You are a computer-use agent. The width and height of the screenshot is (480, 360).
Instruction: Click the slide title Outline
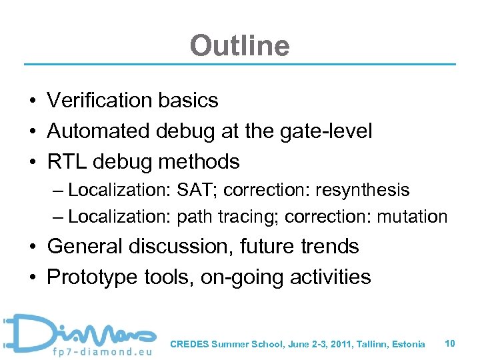coord(239,46)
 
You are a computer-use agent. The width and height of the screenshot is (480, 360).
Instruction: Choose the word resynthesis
coord(363,190)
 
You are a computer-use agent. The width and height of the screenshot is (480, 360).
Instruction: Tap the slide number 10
coord(450,343)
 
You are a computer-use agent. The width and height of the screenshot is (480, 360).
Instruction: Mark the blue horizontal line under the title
coord(240,65)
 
